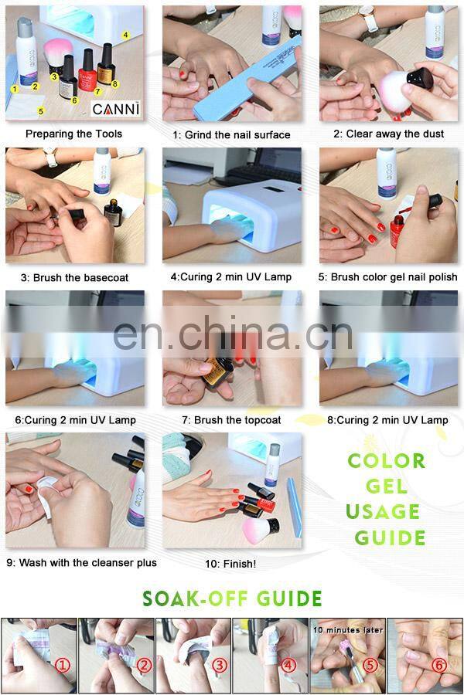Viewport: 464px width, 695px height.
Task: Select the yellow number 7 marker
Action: pyautogui.click(x=97, y=91)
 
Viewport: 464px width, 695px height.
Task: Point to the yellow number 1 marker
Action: pyautogui.click(x=14, y=89)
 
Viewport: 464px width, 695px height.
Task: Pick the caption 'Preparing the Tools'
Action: pyautogui.click(x=73, y=134)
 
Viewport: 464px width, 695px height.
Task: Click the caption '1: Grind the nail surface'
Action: pyautogui.click(x=231, y=134)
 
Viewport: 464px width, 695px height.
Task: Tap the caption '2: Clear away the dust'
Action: pyautogui.click(x=388, y=134)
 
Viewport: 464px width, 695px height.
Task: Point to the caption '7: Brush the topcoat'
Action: pyautogui.click(x=230, y=420)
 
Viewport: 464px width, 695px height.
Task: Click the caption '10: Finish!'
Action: pyautogui.click(x=220, y=564)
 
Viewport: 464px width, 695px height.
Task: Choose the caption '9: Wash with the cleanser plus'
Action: pyautogui.click(x=81, y=563)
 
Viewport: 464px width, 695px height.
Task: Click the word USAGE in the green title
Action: pyautogui.click(x=383, y=512)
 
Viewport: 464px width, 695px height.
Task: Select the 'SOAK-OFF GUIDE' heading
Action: pyautogui.click(x=232, y=598)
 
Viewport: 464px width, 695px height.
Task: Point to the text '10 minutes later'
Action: pyautogui.click(x=348, y=630)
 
